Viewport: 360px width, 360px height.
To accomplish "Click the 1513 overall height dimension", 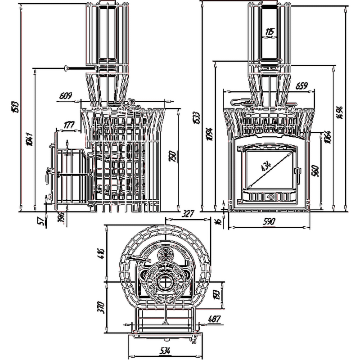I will [x=15, y=107].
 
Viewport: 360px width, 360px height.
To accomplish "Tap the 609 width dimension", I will [x=66, y=95].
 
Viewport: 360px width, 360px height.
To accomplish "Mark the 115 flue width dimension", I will [x=270, y=31].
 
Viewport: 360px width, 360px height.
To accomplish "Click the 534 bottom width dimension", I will [x=164, y=351].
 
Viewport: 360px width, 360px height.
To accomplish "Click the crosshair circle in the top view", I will [x=166, y=283].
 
